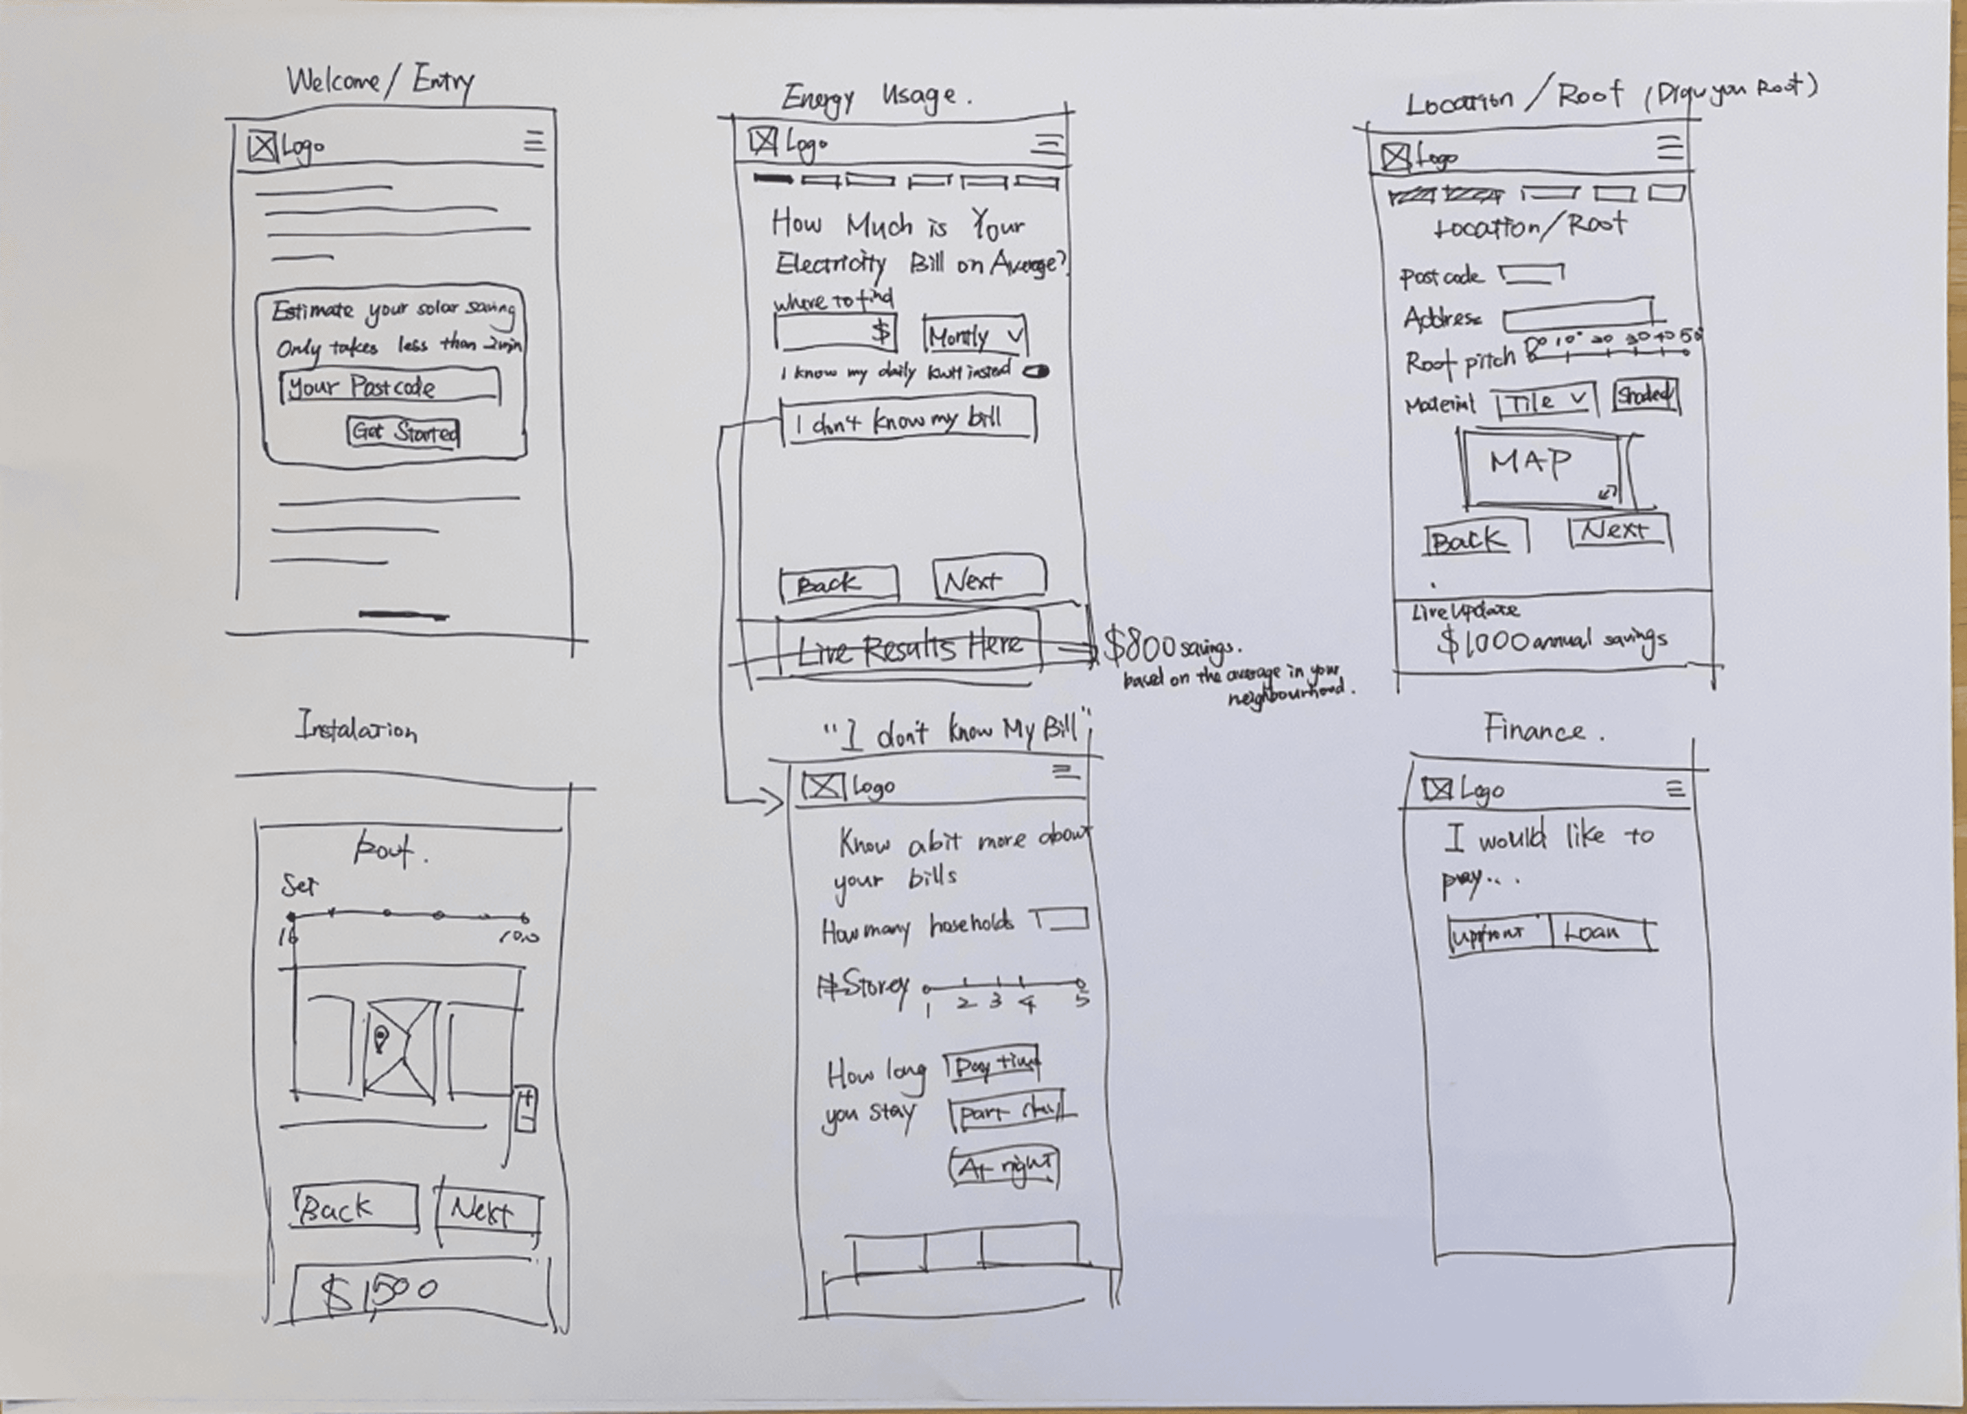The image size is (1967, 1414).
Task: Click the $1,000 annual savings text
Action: coord(1552,642)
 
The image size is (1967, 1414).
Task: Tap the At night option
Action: coord(1004,1167)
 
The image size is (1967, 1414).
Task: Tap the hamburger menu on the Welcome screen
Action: coord(534,142)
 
